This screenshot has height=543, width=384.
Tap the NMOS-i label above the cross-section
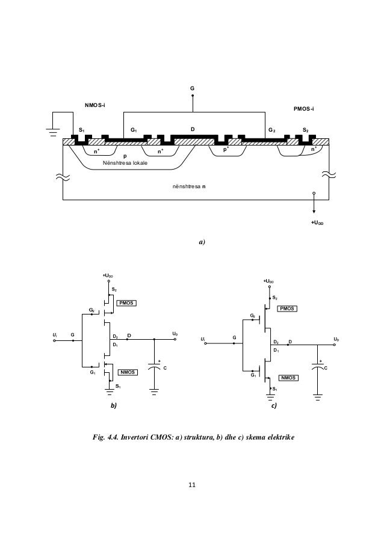pos(94,106)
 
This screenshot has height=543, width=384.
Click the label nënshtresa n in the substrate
pos(188,188)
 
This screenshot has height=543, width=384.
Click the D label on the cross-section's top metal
pos(193,129)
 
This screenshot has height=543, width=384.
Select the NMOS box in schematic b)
pos(128,372)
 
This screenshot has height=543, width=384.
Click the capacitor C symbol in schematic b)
pos(155,368)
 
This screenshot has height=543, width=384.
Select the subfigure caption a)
pos(202,243)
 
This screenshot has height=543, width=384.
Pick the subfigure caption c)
pos(274,406)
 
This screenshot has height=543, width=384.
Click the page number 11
pos(191,485)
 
